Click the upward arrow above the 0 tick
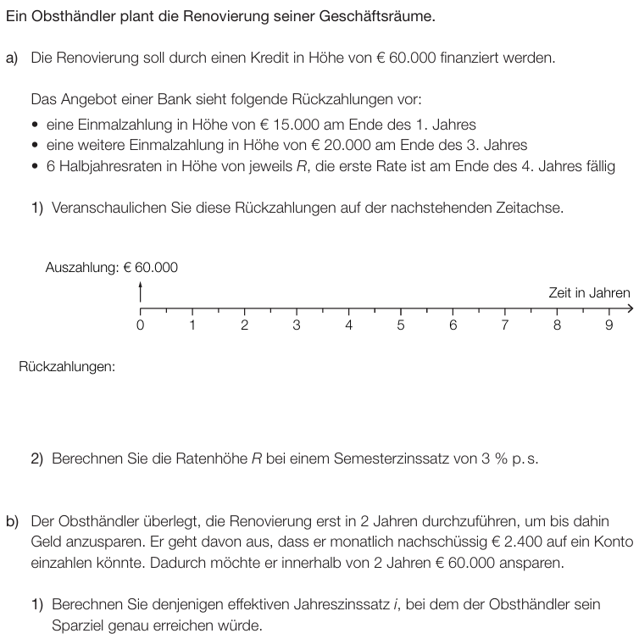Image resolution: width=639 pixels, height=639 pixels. coord(140,290)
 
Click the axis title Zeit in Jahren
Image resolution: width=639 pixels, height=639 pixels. coord(589,293)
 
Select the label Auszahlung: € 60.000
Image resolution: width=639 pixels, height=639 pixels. coord(112,268)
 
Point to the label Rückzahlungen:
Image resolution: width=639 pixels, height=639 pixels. coord(66,367)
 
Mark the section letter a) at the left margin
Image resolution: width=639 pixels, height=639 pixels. coord(13,58)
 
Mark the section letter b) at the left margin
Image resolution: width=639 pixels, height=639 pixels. coord(13,520)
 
